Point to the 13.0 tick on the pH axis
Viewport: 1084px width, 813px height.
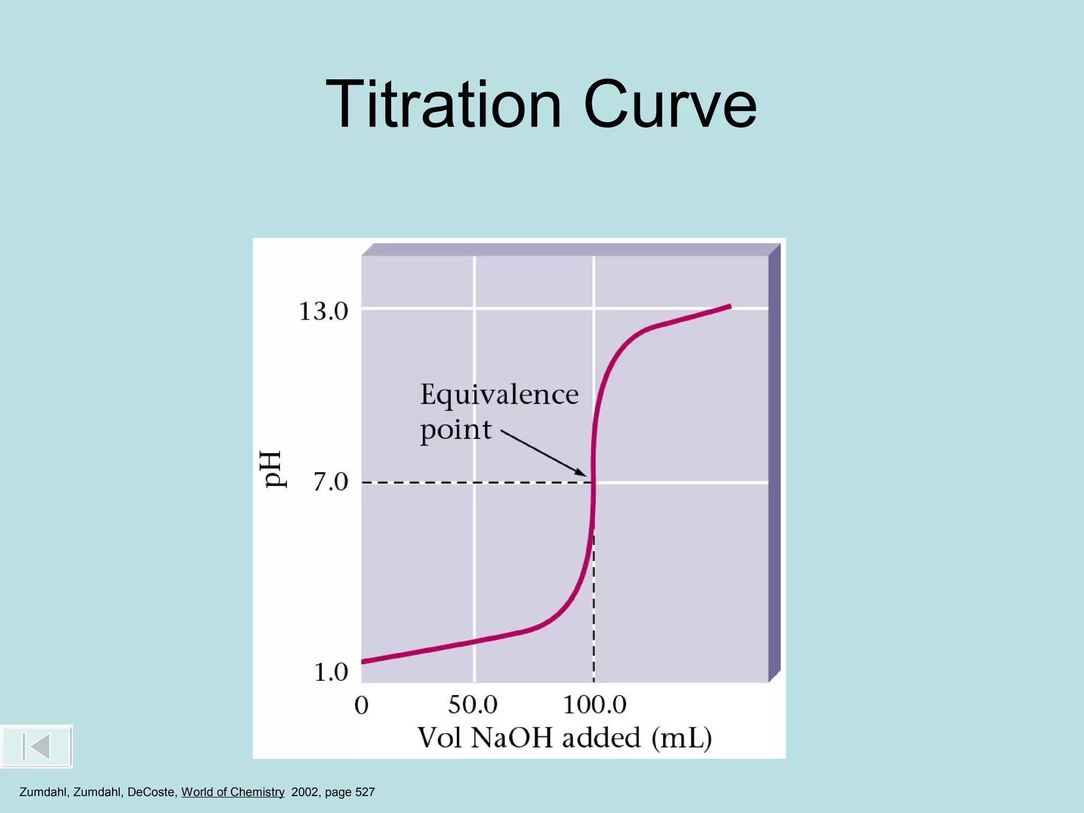323,311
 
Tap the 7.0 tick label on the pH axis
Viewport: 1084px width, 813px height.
331,482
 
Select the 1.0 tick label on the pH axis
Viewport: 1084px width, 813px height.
331,672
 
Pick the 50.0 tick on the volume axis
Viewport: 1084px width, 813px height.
473,704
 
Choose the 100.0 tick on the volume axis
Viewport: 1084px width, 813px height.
594,704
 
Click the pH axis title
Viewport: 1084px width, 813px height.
275,469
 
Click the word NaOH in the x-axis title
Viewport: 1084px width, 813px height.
512,738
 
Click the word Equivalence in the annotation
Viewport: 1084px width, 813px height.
499,395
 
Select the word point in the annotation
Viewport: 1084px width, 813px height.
456,430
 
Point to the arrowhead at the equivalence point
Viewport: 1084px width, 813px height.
583,473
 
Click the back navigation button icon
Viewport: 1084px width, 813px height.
36,746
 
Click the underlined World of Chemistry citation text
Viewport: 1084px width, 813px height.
233,792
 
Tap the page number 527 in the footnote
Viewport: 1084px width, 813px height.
365,792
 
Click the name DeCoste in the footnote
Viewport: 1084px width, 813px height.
151,792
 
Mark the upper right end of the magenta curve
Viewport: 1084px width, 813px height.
730,306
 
